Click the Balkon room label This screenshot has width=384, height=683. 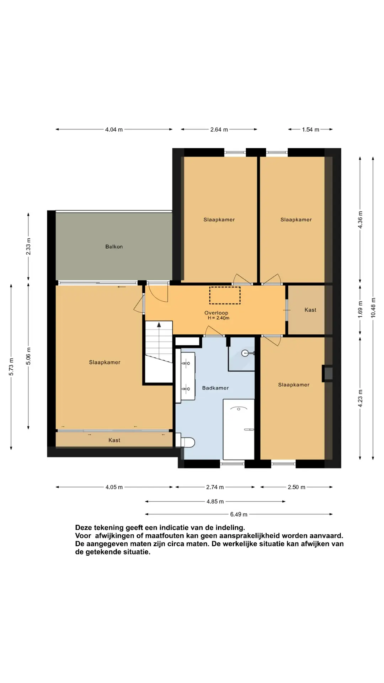tap(114, 247)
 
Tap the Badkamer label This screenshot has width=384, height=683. tap(215, 388)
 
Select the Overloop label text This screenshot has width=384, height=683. tap(216, 313)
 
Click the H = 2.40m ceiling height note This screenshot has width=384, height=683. tap(218, 318)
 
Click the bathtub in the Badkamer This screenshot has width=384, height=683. tap(239, 429)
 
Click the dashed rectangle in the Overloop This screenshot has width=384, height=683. tap(225, 295)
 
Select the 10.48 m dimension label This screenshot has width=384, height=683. tap(373, 308)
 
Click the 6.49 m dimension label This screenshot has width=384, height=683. tap(239, 514)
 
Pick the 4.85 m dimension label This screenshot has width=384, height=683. tap(215, 502)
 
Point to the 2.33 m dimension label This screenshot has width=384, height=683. tap(28, 247)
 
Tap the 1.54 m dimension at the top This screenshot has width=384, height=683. tap(310, 129)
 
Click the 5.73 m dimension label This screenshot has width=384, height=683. tap(11, 367)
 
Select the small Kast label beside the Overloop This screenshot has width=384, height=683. tap(310, 310)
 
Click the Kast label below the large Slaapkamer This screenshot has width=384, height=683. tap(114, 440)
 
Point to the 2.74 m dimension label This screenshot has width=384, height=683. tap(215, 487)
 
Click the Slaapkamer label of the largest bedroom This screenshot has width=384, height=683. tap(105, 362)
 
